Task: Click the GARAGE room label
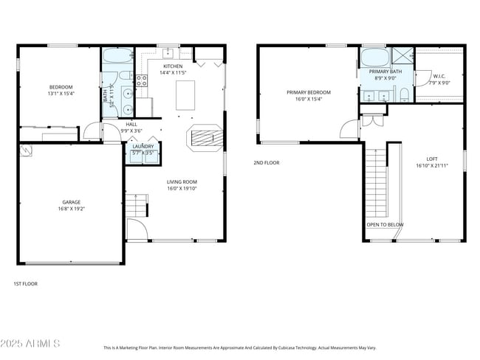click(x=71, y=202)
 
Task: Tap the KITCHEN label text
click(x=173, y=66)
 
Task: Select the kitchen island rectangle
click(x=185, y=95)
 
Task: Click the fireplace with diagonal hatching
click(x=202, y=137)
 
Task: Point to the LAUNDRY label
click(x=143, y=146)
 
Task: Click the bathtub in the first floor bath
click(x=117, y=56)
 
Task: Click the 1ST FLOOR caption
click(x=25, y=283)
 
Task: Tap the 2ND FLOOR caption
click(x=267, y=162)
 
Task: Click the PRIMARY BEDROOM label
click(x=309, y=92)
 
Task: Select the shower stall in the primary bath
click(x=402, y=56)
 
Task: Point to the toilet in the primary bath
click(x=405, y=94)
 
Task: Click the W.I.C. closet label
click(x=439, y=75)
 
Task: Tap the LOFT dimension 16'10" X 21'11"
click(x=431, y=166)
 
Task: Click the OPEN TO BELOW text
click(x=385, y=224)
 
